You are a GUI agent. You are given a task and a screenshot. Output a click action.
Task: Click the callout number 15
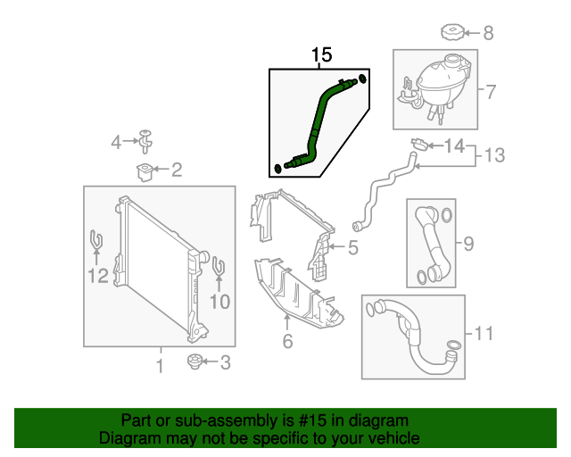click(x=321, y=55)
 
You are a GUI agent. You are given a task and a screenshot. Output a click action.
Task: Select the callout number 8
click(x=488, y=34)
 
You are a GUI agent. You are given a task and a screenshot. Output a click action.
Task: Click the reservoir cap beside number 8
click(x=454, y=35)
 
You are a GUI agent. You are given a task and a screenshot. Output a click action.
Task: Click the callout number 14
click(x=454, y=145)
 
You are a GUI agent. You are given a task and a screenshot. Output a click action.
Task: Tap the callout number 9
click(x=468, y=242)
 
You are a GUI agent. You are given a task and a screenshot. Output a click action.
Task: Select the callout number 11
click(x=483, y=334)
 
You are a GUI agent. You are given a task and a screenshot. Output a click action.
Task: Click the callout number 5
click(x=352, y=247)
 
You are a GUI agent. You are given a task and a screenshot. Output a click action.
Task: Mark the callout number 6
click(x=287, y=341)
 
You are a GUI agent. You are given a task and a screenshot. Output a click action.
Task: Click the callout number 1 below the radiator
click(x=160, y=366)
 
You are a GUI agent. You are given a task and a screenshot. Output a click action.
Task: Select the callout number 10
click(x=219, y=302)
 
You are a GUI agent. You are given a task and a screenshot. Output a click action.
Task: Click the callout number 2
click(x=176, y=169)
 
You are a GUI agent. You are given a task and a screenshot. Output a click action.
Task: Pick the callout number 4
click(x=116, y=142)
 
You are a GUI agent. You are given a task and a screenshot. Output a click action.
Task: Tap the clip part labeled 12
click(x=96, y=241)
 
